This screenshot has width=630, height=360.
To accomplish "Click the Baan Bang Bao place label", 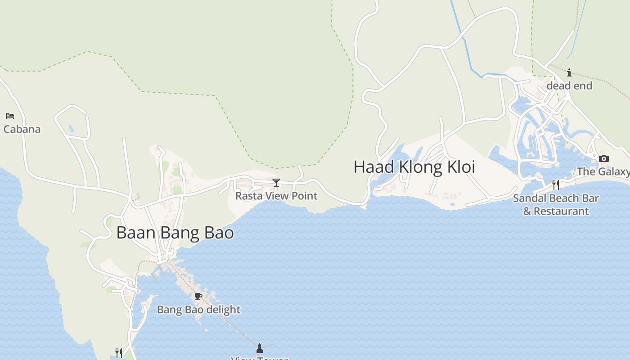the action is point(175,233).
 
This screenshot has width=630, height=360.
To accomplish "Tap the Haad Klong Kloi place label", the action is point(414,167).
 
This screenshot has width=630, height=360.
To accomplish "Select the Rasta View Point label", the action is point(276,196).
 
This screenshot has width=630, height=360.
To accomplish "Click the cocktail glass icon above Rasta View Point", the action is point(276,182).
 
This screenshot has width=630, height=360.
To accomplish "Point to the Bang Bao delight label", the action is point(198,310).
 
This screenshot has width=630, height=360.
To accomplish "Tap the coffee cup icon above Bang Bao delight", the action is point(198,296).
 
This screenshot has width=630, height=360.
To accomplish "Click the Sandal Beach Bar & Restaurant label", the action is point(556,204).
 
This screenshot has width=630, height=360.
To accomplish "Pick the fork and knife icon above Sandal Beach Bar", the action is point(556,184).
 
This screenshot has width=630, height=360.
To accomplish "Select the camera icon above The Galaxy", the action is point(604,158).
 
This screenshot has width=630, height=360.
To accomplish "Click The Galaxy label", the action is point(603,171).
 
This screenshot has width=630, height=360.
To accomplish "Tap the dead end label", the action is point(569,85).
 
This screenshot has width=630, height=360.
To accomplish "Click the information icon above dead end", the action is point(569,72).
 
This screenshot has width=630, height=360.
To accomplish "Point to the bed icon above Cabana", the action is point(10,116).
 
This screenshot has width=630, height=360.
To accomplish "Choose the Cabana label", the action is point(22,130).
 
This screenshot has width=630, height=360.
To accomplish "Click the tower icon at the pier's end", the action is point(259,348).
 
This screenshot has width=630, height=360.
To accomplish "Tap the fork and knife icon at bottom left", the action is point(119,353).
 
